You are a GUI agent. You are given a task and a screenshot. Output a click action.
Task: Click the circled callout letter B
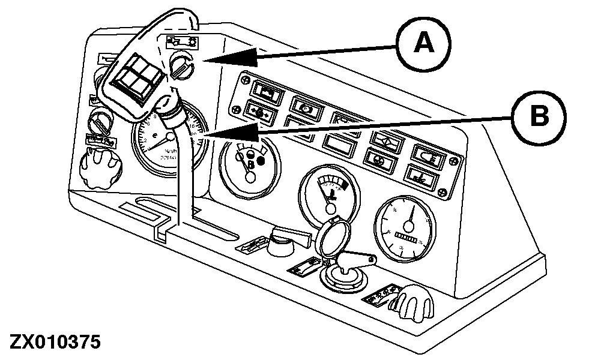point(539,116)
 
